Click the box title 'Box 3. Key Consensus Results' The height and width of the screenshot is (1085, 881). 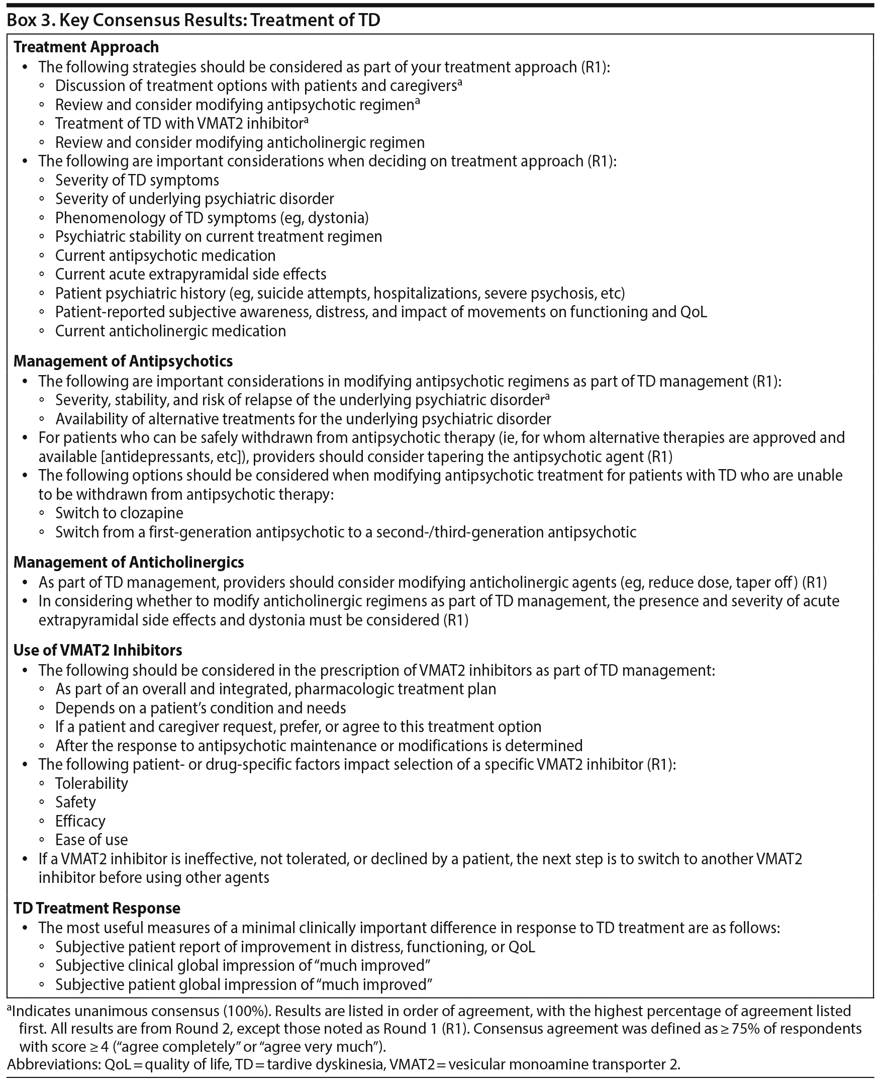(193, 20)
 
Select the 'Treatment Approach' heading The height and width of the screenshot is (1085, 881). (86, 47)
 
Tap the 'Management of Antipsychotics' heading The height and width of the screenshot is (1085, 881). (123, 361)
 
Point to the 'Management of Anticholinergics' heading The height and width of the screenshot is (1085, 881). (128, 562)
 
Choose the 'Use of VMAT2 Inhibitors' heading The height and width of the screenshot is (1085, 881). (97, 650)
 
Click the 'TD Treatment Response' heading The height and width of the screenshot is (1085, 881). (96, 908)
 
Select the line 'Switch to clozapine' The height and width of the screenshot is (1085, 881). (119, 513)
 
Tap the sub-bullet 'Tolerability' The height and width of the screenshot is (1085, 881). (91, 783)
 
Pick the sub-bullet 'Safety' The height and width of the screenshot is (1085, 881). (75, 802)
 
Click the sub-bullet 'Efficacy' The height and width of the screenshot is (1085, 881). (80, 821)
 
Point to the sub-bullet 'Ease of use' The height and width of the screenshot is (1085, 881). (91, 840)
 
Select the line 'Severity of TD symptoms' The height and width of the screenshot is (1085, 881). (137, 180)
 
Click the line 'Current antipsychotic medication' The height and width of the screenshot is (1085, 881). (165, 255)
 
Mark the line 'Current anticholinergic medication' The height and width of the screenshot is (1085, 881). (170, 331)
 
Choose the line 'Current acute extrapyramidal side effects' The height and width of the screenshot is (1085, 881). (191, 274)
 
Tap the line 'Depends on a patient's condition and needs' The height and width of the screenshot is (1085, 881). (201, 708)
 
